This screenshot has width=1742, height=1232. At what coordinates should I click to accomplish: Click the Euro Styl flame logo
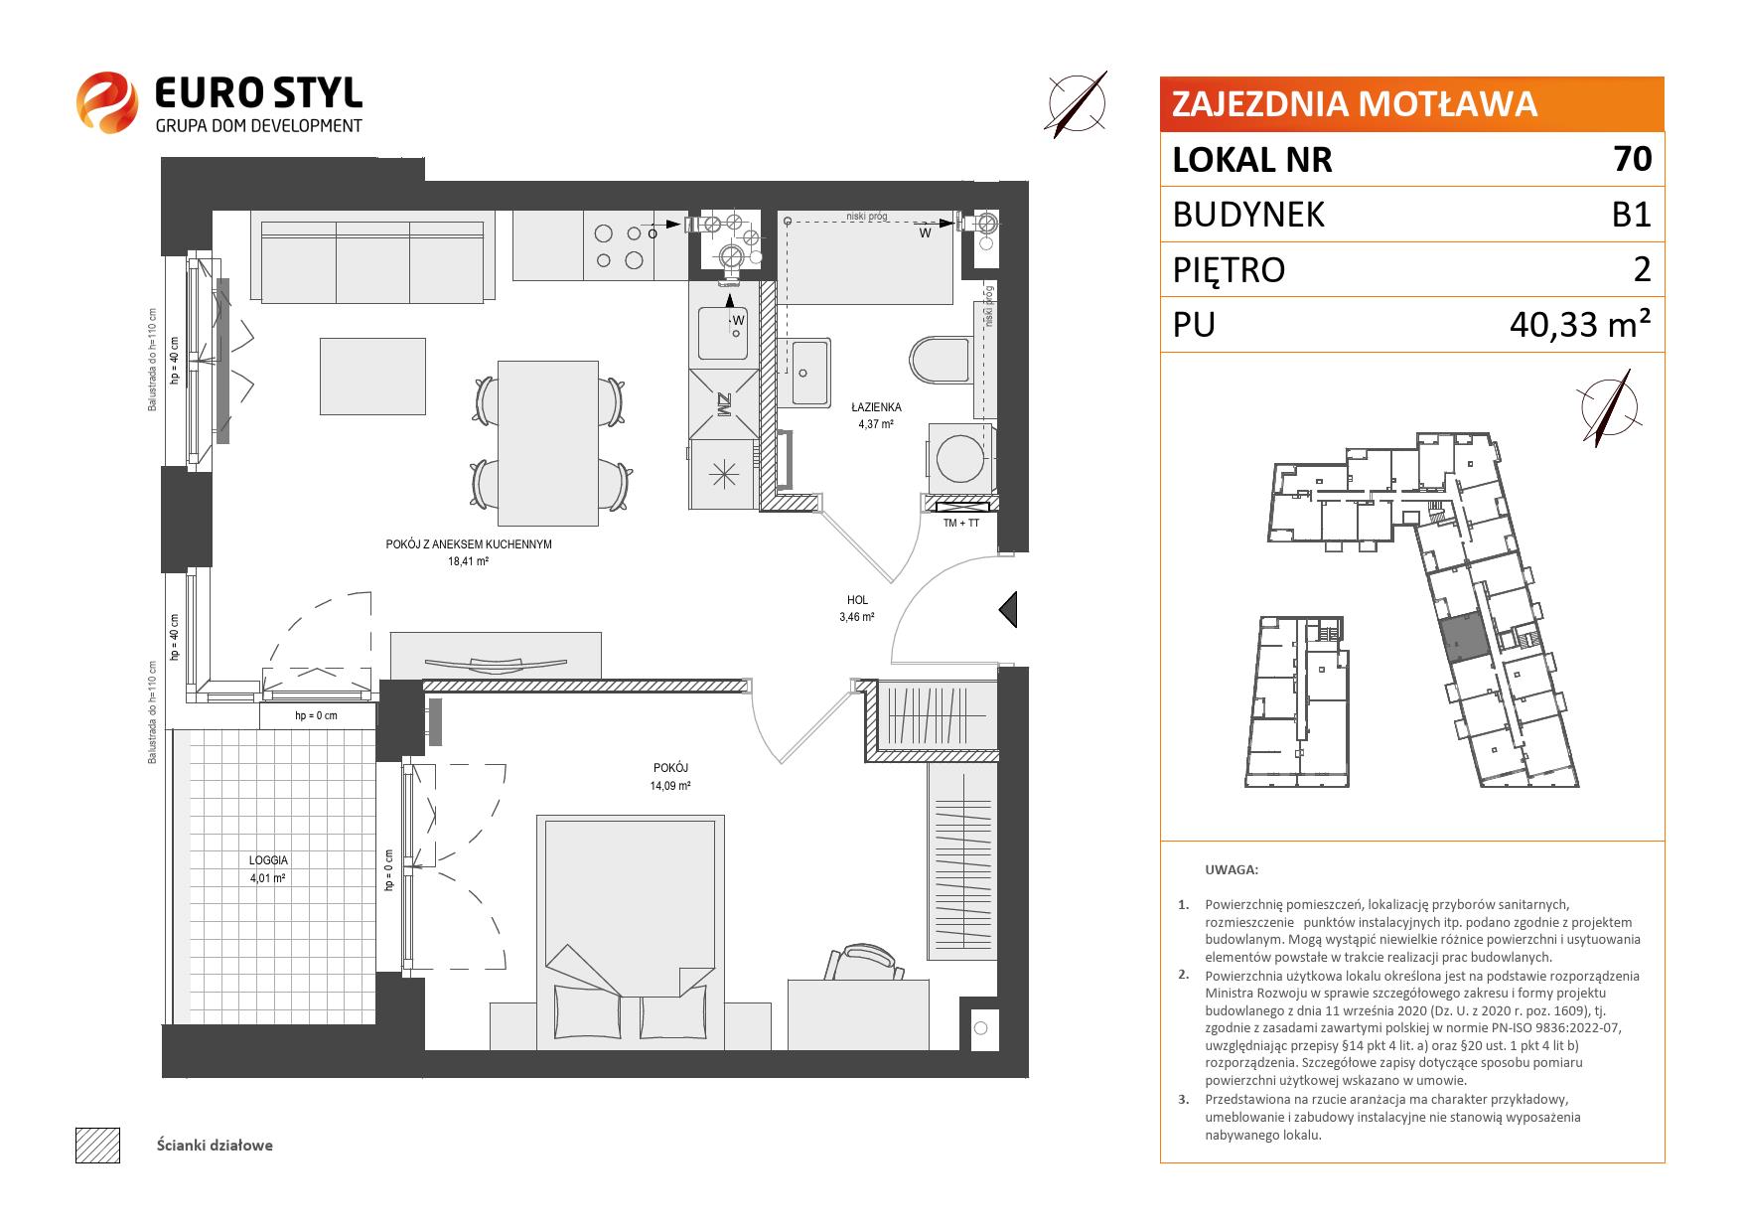106,100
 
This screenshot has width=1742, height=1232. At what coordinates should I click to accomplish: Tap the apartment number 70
1633,159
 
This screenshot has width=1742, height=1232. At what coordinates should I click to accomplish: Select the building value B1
1631,215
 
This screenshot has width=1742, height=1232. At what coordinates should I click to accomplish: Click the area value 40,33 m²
1580,325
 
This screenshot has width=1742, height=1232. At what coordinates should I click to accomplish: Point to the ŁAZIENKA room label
876,407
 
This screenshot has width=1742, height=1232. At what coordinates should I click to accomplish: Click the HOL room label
857,600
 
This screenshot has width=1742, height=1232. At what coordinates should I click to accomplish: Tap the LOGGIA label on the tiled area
269,860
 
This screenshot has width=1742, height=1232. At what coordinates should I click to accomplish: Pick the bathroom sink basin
809,372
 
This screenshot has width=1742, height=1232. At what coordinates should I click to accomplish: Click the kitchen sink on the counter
723,332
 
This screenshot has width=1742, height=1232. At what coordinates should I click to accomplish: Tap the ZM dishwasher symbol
723,404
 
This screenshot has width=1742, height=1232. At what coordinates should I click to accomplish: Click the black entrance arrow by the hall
1008,609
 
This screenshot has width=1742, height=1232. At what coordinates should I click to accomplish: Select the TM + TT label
960,523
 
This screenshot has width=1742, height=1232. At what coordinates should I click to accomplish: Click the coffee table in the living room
372,376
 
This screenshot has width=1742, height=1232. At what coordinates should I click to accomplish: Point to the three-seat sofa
372,261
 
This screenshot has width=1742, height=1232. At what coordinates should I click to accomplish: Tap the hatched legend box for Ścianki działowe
97,1145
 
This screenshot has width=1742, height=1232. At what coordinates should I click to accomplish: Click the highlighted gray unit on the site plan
1464,637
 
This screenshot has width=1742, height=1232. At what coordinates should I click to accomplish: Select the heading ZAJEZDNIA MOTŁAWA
1355,104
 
